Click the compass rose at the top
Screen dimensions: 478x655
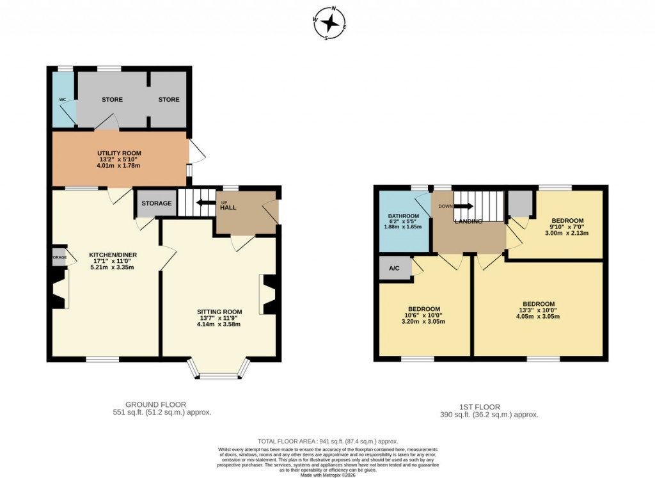tap(330, 23)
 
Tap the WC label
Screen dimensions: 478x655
tap(63, 100)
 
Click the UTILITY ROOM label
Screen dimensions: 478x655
tap(119, 153)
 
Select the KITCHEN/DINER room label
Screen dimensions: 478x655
tap(113, 255)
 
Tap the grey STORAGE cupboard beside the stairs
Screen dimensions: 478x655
tap(156, 203)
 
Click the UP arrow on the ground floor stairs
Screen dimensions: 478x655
tap(206, 203)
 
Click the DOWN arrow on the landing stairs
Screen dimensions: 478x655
tap(465, 206)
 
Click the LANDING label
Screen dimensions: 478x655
tap(468, 221)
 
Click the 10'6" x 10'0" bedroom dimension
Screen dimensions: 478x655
tap(423, 315)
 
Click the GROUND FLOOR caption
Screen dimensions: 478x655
tap(155, 404)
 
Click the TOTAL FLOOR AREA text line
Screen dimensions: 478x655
tap(327, 442)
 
